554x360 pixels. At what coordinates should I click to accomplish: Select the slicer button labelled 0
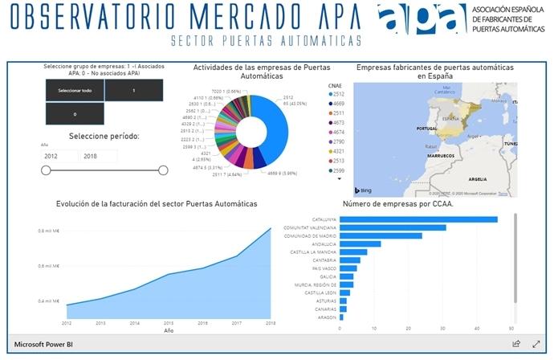[73, 114]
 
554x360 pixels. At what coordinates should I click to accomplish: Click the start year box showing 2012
[59, 156]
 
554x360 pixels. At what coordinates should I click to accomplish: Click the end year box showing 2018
[98, 156]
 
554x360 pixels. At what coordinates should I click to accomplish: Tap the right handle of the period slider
[163, 170]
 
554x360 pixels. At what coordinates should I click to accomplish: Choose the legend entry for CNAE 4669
[340, 104]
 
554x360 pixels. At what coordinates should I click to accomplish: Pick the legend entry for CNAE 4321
[340, 160]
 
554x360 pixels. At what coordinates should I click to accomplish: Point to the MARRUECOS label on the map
[440, 155]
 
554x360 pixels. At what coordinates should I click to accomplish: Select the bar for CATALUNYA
[418, 219]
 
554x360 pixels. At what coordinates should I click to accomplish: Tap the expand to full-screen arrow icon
[536, 344]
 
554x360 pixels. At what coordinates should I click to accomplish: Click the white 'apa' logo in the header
[422, 20]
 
